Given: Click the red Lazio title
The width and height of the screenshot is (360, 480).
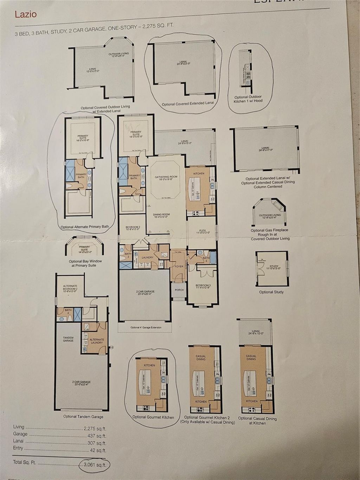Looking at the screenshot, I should pos(26,14).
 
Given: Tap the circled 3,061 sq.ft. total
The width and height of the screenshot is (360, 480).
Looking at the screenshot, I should pos(95,464).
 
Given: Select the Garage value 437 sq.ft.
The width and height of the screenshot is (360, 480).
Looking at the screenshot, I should pos(96,435).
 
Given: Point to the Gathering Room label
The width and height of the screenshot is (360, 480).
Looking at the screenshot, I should pos(166,177).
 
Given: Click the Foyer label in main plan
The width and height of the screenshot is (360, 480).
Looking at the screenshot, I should pos(179,267).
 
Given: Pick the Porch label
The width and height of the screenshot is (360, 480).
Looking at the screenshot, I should pos(179,290).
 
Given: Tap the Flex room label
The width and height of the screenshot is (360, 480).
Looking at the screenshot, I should pos(202,231).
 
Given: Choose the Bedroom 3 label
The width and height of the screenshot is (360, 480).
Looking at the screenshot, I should pos(203,285).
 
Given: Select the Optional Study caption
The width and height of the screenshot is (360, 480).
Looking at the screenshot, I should pos(271,292).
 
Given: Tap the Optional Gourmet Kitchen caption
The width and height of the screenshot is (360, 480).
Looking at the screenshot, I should pos(153,417).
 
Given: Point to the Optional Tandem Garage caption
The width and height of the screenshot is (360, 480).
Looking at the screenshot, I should pos(83,417).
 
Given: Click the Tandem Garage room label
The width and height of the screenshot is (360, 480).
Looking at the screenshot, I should pos(68,339).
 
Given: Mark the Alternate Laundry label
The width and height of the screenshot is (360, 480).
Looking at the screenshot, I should pos(97,341).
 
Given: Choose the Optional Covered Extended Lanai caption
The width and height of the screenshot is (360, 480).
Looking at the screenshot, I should pos(188,104).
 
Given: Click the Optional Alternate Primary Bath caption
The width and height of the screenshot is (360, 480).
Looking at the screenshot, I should pos(85,227).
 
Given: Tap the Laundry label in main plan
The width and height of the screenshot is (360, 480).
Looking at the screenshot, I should pos(147,257).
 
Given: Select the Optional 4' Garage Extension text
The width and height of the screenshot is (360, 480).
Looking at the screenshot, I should pos(146,327).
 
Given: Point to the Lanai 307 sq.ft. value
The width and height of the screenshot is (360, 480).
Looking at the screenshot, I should pos(97,443).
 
